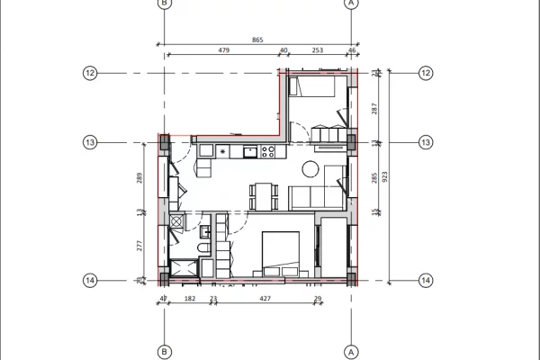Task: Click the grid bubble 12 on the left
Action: pos(89,73)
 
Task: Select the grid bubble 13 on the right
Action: pos(426,141)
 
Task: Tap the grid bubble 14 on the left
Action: pos(89,280)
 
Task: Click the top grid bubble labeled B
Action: pos(164,4)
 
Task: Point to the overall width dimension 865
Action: pos(257,40)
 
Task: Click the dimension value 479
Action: pos(225,51)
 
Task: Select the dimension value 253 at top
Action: pos(317,51)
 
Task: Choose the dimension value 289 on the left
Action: pos(139,177)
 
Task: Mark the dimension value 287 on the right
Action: pos(374,107)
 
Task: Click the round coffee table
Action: pos(310,168)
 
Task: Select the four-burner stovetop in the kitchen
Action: pos(267,152)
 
